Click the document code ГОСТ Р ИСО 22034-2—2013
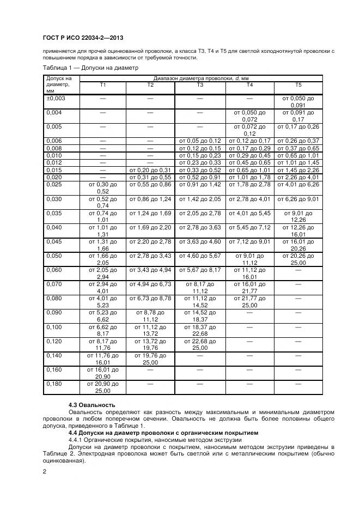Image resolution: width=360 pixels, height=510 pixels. [x=82, y=38]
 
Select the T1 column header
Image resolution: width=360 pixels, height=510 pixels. [x=102, y=86]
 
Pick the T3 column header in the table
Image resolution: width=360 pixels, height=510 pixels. [x=200, y=86]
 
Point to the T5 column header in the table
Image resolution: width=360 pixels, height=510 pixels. [x=298, y=86]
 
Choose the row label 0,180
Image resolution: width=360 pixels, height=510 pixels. [x=54, y=384]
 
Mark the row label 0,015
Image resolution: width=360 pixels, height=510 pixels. [x=54, y=169]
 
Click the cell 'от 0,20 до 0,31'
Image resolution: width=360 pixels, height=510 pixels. [x=150, y=169]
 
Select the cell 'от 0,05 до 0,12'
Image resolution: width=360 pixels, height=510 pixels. [x=200, y=141]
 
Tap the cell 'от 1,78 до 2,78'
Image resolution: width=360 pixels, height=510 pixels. [x=249, y=184]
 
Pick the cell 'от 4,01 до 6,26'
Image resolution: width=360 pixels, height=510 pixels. [x=298, y=184]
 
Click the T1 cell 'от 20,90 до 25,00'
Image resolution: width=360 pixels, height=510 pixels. [x=102, y=387]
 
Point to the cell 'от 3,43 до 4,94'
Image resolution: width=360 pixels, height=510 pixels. [x=150, y=269]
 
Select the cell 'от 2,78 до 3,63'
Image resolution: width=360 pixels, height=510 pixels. [x=200, y=227]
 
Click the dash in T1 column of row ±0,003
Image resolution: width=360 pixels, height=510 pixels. [x=102, y=98]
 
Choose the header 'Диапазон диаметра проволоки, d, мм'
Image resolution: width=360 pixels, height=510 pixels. [x=200, y=79]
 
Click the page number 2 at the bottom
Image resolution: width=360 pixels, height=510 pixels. [x=44, y=471]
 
